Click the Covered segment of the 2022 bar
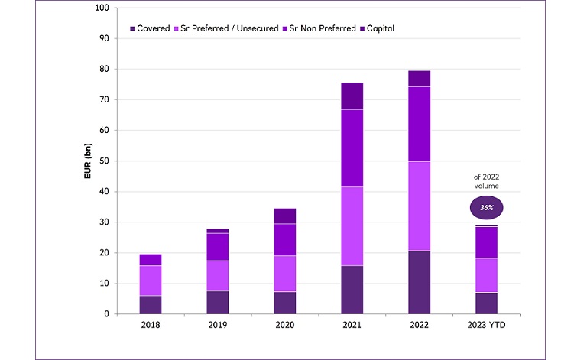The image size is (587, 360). point(419,282)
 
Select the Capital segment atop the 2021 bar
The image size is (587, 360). point(352,96)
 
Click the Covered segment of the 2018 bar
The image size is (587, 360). point(151,304)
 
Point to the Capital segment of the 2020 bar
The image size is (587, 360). point(285,216)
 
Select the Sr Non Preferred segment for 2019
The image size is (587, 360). point(218,246)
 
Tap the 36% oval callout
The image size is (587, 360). point(486,206)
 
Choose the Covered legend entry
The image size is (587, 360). point(153,28)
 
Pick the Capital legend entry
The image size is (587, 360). point(379,28)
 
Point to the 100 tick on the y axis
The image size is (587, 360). point(102,8)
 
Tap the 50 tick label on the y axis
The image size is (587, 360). point(105,161)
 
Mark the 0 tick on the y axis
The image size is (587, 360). point(107,314)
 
